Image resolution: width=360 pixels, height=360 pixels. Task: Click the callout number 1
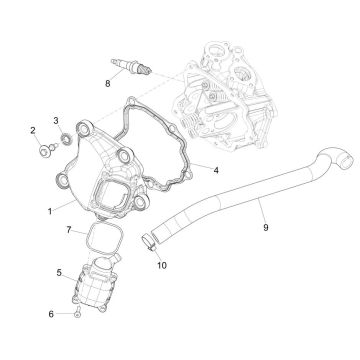tap(50, 211)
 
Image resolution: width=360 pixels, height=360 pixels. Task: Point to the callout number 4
tap(216, 170)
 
